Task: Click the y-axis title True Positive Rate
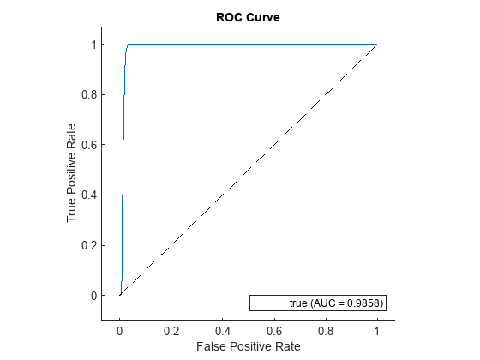click(x=73, y=169)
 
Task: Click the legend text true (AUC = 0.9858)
click(x=335, y=303)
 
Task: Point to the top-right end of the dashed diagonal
click(x=376, y=45)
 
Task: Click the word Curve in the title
click(x=260, y=15)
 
